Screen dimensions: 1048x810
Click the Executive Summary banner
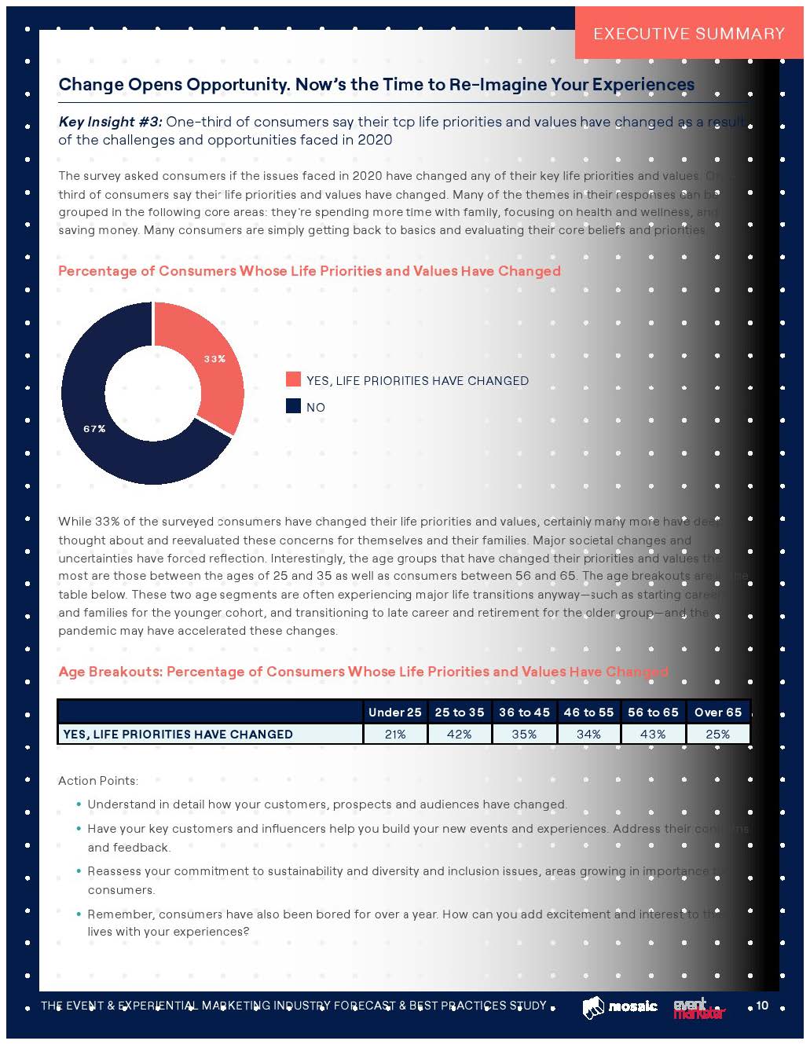[x=689, y=33]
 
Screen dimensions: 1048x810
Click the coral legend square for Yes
[x=293, y=379]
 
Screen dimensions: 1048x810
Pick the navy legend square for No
[x=293, y=406]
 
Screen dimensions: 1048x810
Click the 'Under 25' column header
[x=394, y=712]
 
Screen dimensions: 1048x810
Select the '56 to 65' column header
[x=653, y=712]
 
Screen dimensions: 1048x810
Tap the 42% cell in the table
[x=459, y=734]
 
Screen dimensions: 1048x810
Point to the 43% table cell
[x=653, y=734]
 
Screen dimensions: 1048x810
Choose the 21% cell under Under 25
[x=394, y=734]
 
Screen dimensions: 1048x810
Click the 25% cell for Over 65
[x=718, y=734]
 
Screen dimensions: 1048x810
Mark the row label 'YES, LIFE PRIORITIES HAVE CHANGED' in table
[x=178, y=734]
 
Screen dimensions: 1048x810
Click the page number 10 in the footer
[x=762, y=1006]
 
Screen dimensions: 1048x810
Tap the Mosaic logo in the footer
[x=620, y=1007]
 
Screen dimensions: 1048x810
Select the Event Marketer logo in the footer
[x=699, y=1009]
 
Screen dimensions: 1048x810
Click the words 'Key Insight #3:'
[x=110, y=122]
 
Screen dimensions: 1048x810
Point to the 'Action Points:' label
[x=98, y=780]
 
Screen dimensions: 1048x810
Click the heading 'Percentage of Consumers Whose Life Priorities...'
[x=310, y=271]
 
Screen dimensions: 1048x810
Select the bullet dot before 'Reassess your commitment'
[x=79, y=870]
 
